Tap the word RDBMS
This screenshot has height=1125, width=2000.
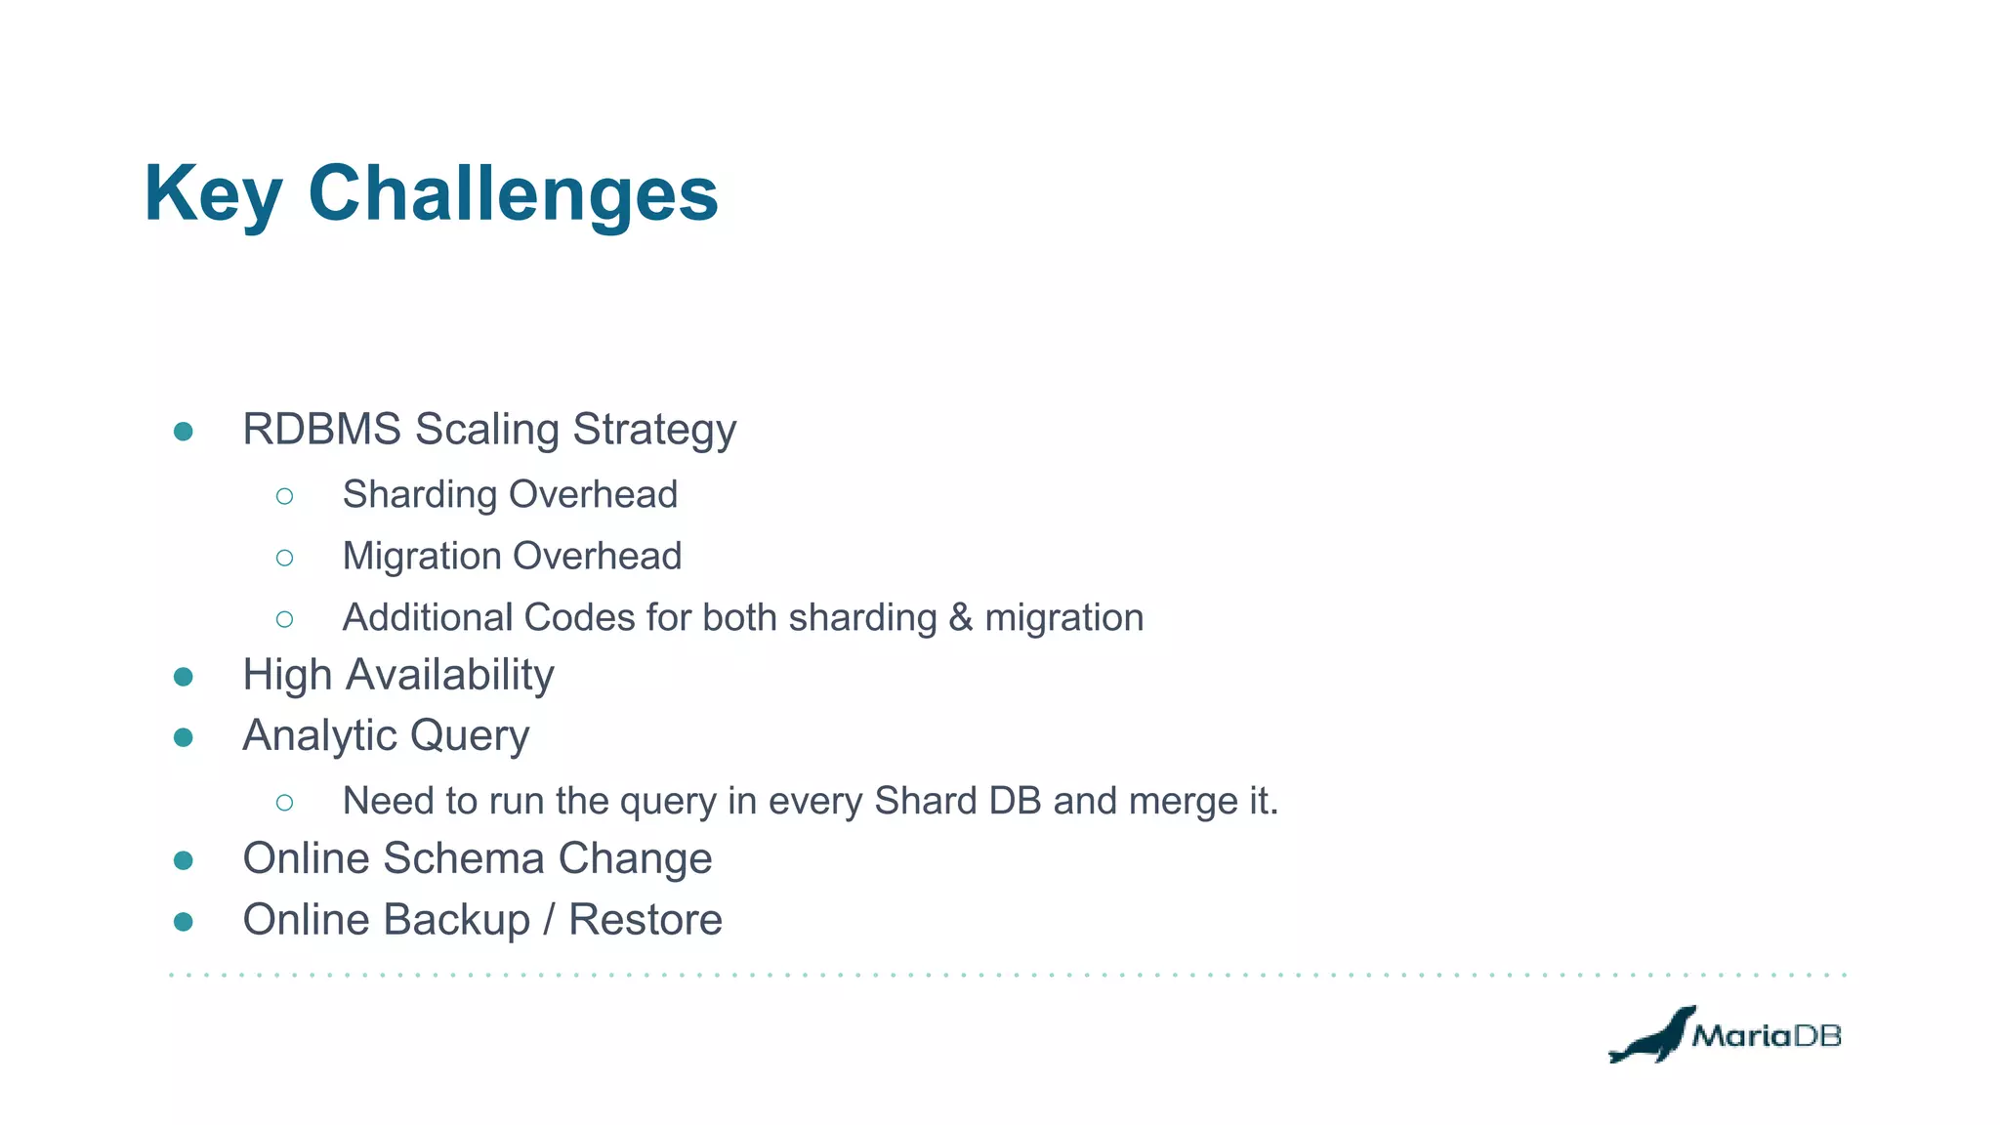(x=321, y=430)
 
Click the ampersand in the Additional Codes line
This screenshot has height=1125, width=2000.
(x=960, y=618)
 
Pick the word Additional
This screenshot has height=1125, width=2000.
(x=427, y=618)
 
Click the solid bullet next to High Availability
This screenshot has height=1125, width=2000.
(x=183, y=677)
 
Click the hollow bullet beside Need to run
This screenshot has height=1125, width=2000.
(x=284, y=803)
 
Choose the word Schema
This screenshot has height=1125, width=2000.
(x=463, y=859)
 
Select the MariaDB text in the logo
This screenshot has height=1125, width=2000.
(x=1766, y=1036)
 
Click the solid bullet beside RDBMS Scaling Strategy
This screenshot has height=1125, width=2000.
(x=183, y=432)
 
